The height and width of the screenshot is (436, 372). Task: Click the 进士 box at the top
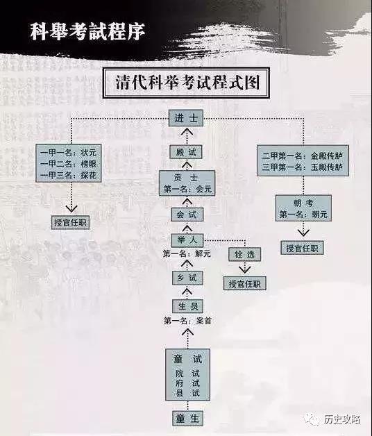coord(186,118)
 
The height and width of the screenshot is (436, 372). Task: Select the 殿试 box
coord(186,152)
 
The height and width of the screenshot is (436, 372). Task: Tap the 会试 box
coord(187,215)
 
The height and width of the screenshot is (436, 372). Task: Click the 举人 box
coord(187,240)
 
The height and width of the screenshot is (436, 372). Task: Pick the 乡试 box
coord(187,278)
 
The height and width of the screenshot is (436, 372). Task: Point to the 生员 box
coord(188,306)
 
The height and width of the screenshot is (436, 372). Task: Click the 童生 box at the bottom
coord(187,418)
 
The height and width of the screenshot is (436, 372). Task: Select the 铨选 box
coord(245,254)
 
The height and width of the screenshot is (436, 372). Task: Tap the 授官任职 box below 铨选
coord(245,284)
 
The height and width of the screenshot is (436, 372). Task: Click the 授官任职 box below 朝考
coord(302,248)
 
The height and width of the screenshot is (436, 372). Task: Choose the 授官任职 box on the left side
coord(70,222)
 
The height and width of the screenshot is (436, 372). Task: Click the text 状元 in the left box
coord(88,152)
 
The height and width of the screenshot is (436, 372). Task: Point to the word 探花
coord(88,175)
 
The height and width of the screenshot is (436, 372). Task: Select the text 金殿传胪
coord(326,156)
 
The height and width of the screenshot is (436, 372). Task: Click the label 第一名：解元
coord(187,253)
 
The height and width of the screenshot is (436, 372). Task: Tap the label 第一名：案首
coord(187,321)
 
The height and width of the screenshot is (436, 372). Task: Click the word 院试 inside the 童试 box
coord(187,373)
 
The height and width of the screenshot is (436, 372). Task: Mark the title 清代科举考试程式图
coord(187,83)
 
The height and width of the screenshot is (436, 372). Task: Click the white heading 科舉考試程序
coord(87,31)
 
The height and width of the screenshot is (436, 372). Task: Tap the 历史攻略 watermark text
coord(341,419)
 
